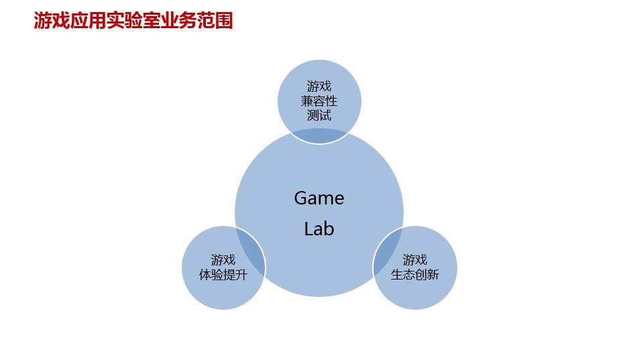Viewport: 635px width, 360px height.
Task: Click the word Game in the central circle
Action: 319,198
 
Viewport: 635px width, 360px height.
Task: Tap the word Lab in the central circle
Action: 319,229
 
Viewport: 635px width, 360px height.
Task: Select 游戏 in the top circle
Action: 319,86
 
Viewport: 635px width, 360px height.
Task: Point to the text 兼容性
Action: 319,101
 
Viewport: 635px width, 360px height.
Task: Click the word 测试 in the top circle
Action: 319,115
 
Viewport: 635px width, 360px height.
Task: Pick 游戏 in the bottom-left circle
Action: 223,259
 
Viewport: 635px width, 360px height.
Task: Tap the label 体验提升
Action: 223,275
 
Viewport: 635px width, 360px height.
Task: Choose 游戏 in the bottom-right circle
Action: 415,259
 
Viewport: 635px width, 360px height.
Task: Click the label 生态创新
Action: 415,275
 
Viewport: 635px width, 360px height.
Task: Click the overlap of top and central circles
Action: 319,136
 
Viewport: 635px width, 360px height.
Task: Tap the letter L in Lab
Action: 308,229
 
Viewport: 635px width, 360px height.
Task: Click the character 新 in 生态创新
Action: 434,275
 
